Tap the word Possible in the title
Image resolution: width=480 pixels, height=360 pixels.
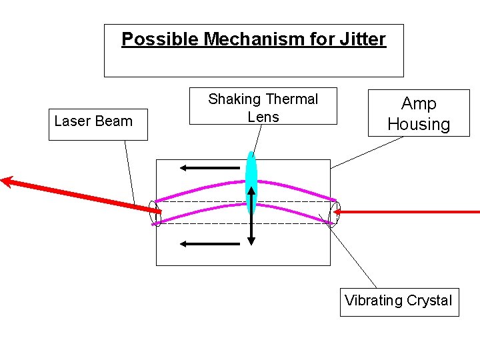coord(160,39)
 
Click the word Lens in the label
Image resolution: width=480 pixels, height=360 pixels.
coord(263,117)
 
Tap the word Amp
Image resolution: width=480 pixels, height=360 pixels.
coord(419,104)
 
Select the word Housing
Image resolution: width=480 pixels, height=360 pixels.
coord(419,124)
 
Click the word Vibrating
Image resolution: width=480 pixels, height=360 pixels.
coord(375,300)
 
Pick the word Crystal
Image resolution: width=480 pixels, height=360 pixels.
coord(430,300)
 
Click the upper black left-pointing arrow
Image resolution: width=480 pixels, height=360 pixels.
coord(210,167)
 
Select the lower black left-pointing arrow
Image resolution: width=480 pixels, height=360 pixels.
coord(210,244)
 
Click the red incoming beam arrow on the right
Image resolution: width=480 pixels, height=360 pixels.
coord(413,212)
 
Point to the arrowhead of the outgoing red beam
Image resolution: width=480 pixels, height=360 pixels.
coord(7,179)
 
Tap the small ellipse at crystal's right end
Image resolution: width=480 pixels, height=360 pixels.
coord(335,213)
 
